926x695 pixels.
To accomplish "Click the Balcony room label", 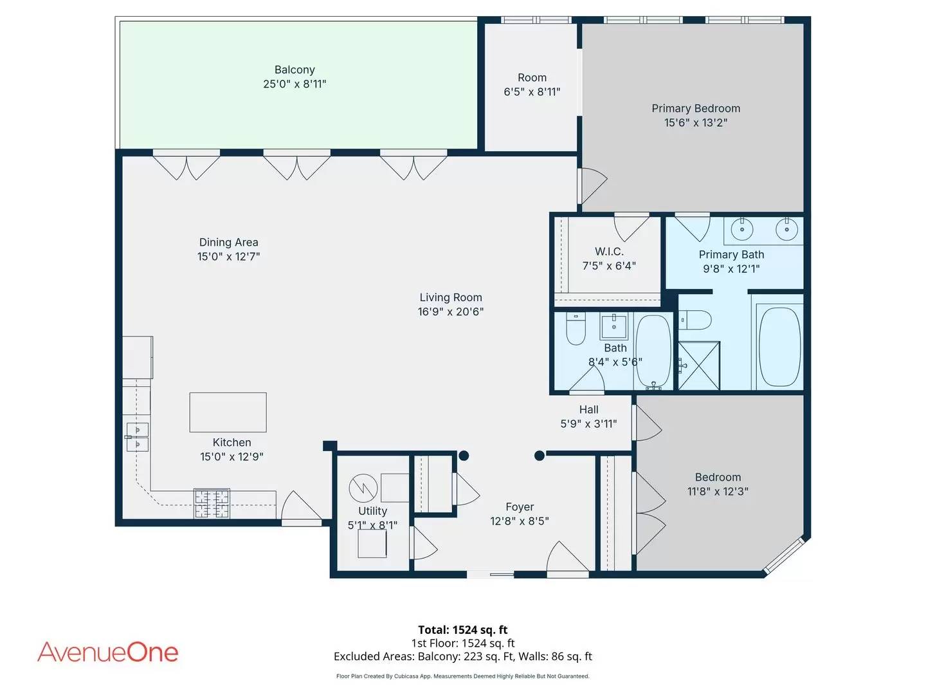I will [295, 69].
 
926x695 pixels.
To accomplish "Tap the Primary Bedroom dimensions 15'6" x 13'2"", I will [695, 123].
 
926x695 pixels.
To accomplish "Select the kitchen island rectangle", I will [228, 412].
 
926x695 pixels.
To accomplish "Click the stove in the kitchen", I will [212, 503].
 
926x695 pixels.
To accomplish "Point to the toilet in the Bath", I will [576, 329].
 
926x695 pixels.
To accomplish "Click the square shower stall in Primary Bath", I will [699, 366].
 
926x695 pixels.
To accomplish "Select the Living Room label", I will [450, 297].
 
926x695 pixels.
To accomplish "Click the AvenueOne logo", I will [108, 652].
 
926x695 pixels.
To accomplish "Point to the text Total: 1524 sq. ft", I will [462, 630].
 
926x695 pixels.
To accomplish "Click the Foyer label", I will [520, 507].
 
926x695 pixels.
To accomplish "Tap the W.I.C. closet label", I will [609, 252].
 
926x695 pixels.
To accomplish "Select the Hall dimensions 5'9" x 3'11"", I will [588, 423].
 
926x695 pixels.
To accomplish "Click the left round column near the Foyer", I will [464, 456].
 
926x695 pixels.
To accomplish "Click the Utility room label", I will [372, 511].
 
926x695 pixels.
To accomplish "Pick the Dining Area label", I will [228, 242].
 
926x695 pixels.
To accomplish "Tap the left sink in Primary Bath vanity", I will [742, 228].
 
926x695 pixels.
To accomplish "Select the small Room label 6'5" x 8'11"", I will [532, 78].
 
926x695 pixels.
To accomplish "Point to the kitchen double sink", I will [137, 436].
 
